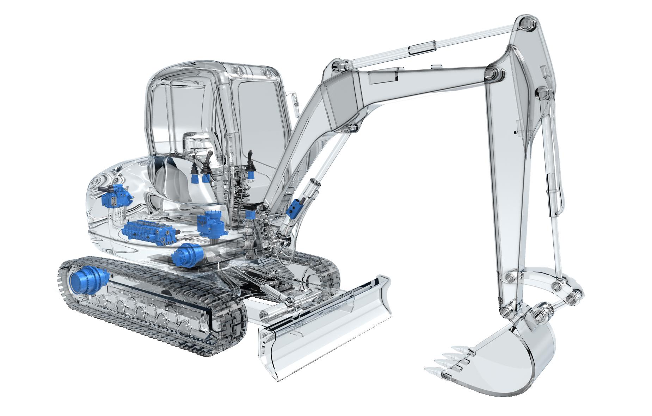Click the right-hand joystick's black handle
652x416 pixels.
(x=251, y=159)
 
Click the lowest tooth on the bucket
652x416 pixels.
(x=432, y=370)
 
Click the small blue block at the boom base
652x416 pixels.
(x=251, y=215)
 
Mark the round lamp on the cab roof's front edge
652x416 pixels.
(x=240, y=70)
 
